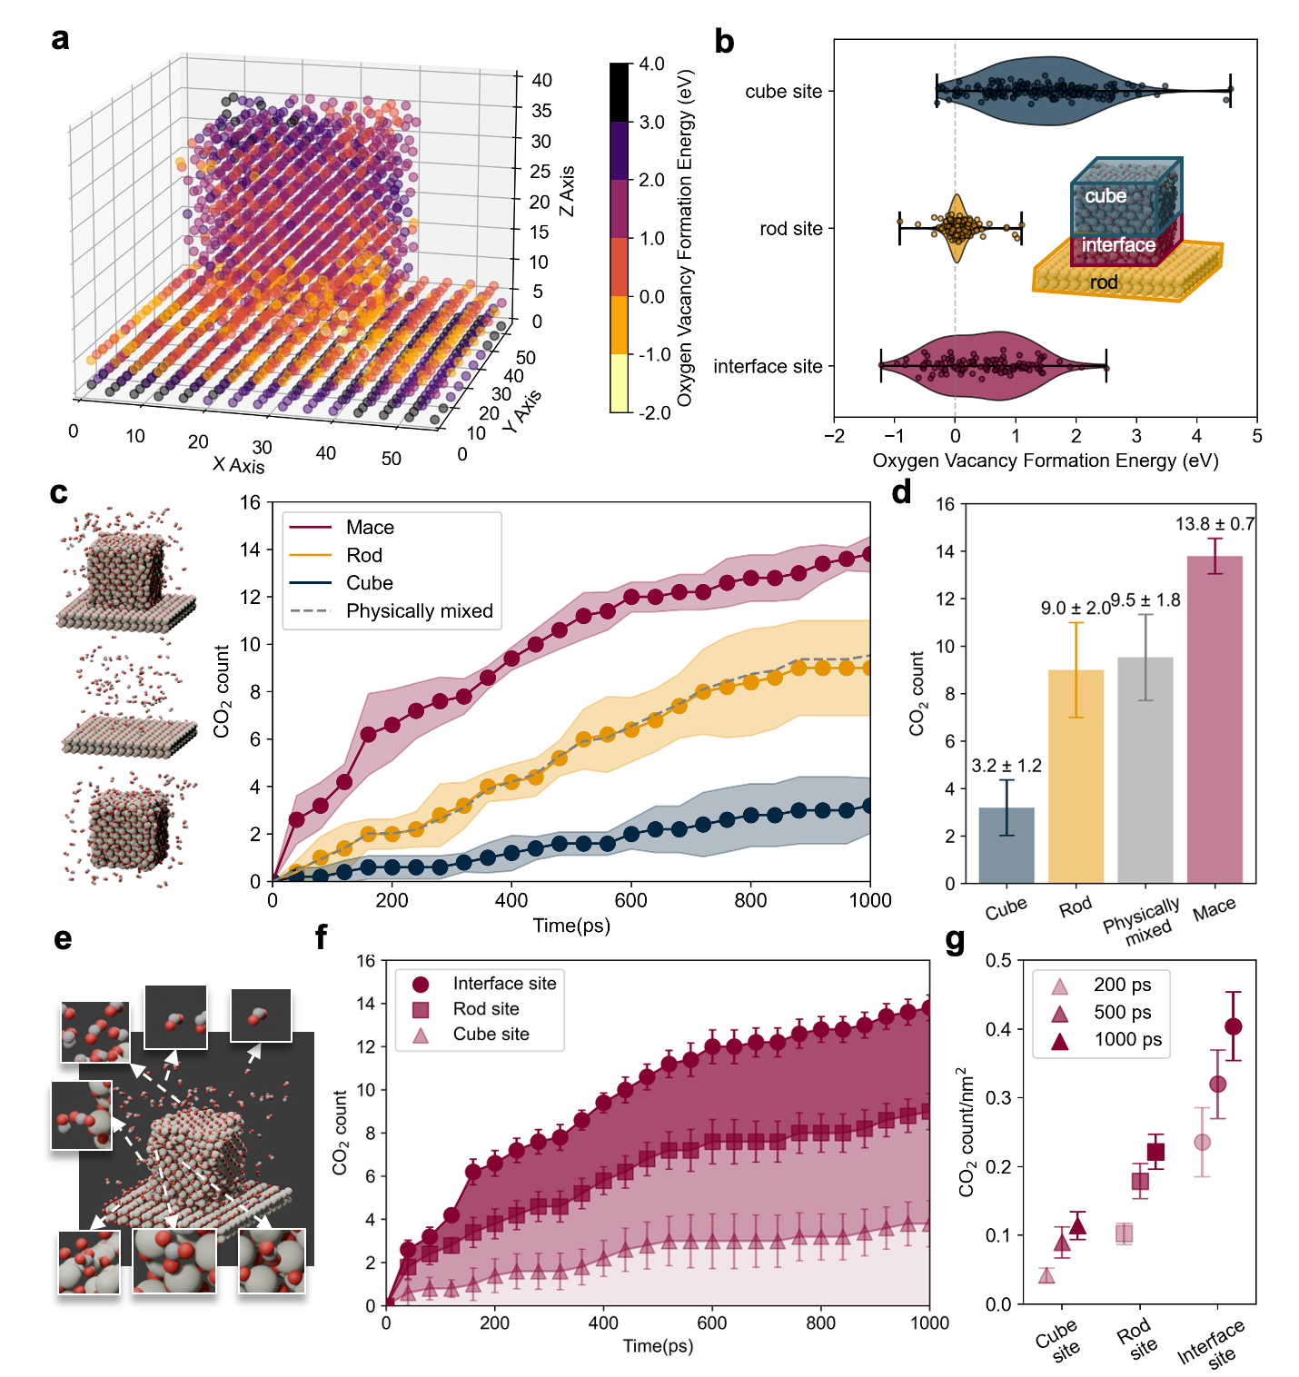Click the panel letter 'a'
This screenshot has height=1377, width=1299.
click(x=60, y=39)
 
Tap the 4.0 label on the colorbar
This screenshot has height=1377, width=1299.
click(x=651, y=64)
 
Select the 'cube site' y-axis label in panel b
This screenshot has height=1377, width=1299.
click(x=783, y=92)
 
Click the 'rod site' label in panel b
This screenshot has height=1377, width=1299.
click(x=790, y=229)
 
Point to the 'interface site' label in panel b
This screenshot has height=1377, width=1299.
click(x=768, y=366)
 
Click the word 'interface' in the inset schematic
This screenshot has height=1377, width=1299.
click(x=1118, y=245)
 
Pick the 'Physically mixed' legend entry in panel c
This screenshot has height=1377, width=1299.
click(x=419, y=611)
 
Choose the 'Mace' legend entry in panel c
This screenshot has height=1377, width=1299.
click(x=370, y=528)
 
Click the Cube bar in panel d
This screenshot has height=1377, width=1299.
click(x=1006, y=845)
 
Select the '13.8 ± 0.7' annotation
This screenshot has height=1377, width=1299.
click(x=1215, y=524)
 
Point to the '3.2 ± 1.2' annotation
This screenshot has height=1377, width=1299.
click(x=1006, y=766)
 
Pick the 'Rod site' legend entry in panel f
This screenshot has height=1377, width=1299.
click(x=486, y=1009)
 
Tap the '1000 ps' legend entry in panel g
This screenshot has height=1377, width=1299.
click(x=1127, y=1040)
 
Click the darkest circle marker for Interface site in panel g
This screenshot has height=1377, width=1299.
click(x=1234, y=1026)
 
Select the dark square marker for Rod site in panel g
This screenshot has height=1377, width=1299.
click(x=1155, y=1152)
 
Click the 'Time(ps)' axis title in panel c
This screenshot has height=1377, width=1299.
click(x=571, y=926)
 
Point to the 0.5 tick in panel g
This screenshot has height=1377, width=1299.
click(x=999, y=961)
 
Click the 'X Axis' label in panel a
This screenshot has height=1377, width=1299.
click(x=239, y=466)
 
